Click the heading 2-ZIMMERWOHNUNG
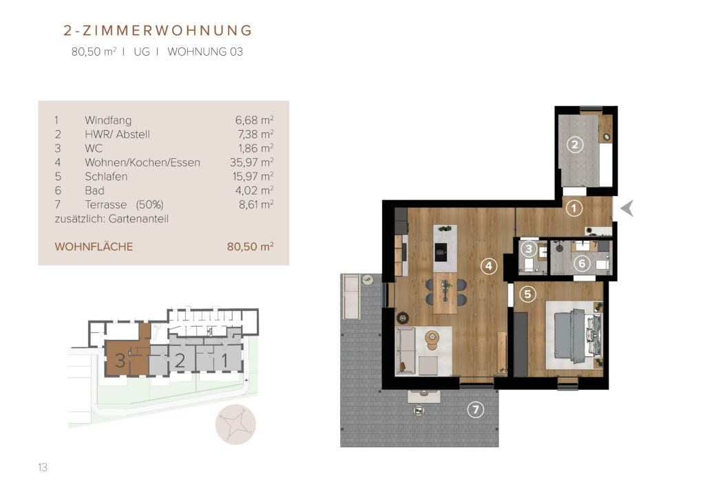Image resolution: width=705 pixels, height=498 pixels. pyautogui.click(x=158, y=30)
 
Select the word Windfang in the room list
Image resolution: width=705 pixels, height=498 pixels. pyautogui.click(x=108, y=120)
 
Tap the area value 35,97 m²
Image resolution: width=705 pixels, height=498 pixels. pyautogui.click(x=252, y=162)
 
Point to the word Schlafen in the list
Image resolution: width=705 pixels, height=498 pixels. pyautogui.click(x=106, y=177)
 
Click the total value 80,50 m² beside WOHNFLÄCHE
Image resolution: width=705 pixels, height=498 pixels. pyautogui.click(x=251, y=246)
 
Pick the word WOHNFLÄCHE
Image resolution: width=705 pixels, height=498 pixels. pyautogui.click(x=94, y=246)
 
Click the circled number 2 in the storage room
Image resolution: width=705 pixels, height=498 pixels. pyautogui.click(x=574, y=144)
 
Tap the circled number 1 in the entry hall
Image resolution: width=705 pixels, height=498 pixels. pyautogui.click(x=574, y=208)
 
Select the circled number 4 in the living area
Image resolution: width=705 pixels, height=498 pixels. pyautogui.click(x=489, y=266)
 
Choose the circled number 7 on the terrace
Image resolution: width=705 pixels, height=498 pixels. pyautogui.click(x=476, y=409)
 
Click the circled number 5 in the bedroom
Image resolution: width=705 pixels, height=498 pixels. pyautogui.click(x=528, y=294)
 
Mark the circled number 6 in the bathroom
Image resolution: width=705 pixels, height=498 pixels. pyautogui.click(x=582, y=263)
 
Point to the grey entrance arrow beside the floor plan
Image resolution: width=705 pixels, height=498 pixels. pyautogui.click(x=627, y=208)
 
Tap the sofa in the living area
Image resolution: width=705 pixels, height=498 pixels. pyautogui.click(x=405, y=351)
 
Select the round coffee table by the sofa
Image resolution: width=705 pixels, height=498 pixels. pyautogui.click(x=432, y=337)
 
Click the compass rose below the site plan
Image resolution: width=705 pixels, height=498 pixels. pyautogui.click(x=235, y=424)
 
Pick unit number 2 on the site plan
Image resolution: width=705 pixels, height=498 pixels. pyautogui.click(x=180, y=360)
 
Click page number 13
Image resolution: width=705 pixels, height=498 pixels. pyautogui.click(x=43, y=468)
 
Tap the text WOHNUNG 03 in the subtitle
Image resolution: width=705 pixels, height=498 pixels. pyautogui.click(x=205, y=52)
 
